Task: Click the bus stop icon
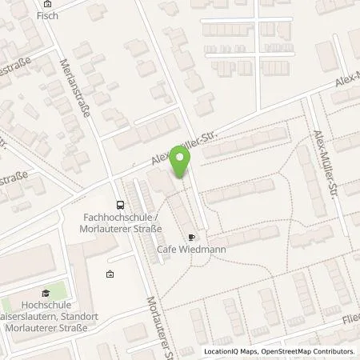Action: click(119, 205)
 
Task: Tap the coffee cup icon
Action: click(190, 237)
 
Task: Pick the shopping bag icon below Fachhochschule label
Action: click(110, 274)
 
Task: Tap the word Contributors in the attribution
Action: click(332, 351)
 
